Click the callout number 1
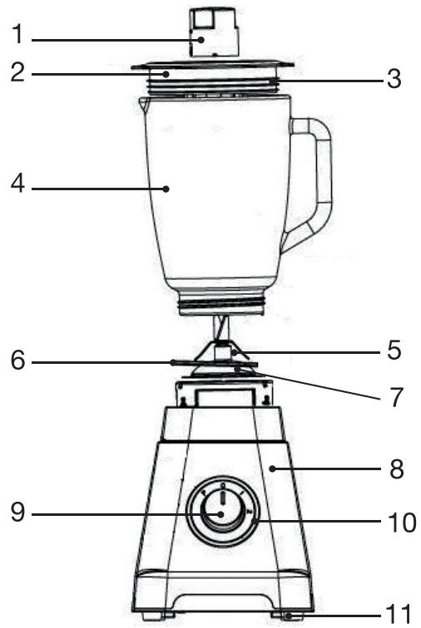[x=17, y=37]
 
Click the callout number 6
[x=17, y=363]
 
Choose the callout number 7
[x=394, y=397]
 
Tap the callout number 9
[x=17, y=513]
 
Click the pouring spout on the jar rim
[x=142, y=102]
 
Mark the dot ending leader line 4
[x=167, y=189]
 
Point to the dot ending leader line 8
[x=272, y=470]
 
